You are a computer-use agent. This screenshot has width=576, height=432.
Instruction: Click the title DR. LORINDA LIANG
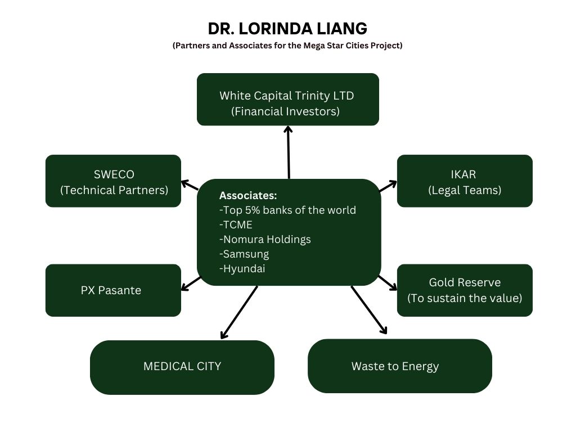287,28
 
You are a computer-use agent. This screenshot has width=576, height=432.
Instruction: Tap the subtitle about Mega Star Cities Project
287,46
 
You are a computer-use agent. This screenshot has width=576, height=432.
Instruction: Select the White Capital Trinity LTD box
287,99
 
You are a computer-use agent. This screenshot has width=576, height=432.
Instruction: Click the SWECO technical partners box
113,181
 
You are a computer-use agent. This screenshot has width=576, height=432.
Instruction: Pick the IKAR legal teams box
465,181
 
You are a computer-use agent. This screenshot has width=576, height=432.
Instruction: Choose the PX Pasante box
113,290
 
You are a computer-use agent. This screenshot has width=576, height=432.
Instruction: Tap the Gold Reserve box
465,290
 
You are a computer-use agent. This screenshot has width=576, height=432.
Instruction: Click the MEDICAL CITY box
182,367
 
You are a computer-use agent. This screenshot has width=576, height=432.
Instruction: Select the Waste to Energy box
399,366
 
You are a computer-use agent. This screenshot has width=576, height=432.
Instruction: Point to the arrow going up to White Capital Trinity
289,152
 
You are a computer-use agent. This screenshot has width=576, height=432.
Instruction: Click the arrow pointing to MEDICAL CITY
239,312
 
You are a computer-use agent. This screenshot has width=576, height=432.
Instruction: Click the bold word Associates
248,196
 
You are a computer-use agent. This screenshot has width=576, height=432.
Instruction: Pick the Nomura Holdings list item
265,240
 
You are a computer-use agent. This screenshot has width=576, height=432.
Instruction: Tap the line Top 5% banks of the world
287,210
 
